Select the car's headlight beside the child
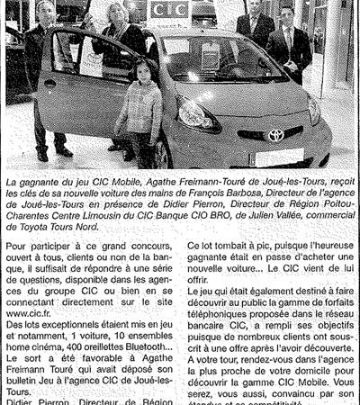tap(193, 115)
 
